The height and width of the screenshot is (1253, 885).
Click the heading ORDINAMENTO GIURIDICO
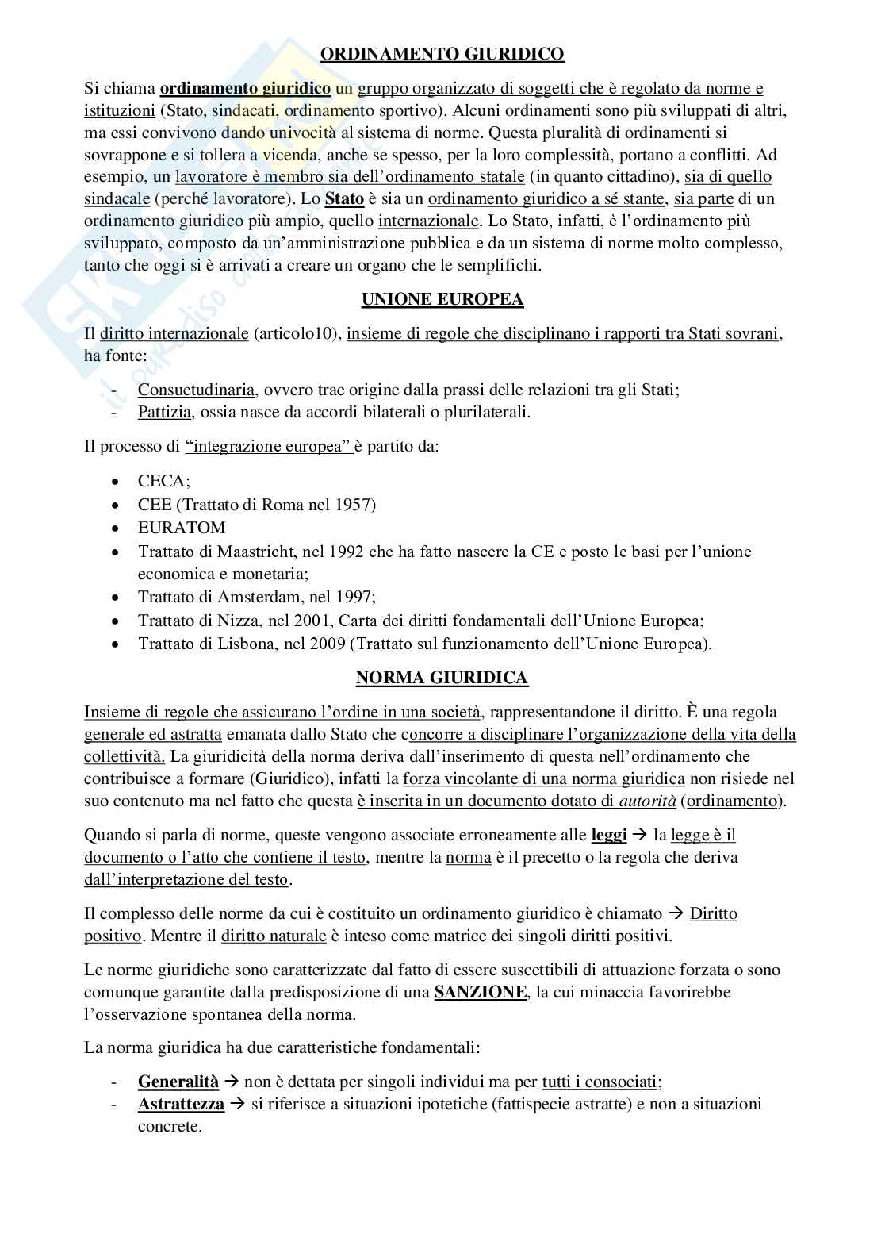pos(442,54)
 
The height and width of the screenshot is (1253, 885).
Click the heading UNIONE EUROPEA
pos(442,299)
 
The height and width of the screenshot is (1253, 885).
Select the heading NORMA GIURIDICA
pos(442,678)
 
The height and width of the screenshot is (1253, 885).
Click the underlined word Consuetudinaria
pos(196,390)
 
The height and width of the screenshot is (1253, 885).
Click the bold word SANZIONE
pos(481,992)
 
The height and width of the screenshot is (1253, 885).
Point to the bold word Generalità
pos(178,1082)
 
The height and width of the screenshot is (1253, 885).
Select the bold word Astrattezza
pos(182,1104)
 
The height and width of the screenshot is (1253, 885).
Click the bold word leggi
pos(609,835)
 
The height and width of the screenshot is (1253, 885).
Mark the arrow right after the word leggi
pos(640,836)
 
